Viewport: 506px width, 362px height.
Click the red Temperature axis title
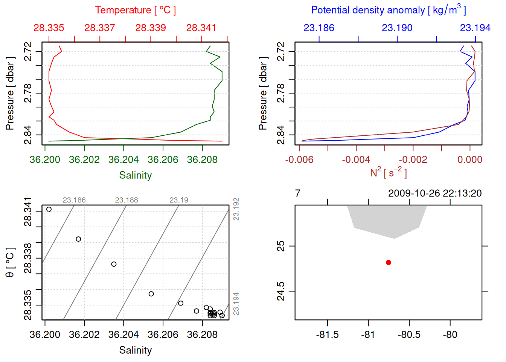[135, 10]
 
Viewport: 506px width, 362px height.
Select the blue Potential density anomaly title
[388, 10]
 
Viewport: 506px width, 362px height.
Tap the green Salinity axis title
[136, 175]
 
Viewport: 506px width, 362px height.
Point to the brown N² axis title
[388, 172]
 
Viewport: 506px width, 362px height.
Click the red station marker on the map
[389, 262]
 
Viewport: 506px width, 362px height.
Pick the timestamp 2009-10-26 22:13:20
[435, 193]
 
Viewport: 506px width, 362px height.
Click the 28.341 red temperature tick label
[201, 28]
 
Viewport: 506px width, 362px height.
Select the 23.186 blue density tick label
[319, 28]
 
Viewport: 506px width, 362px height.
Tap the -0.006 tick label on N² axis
[299, 160]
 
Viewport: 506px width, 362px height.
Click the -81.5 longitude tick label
[327, 335]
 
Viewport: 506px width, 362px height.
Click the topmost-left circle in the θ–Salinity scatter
[49, 209]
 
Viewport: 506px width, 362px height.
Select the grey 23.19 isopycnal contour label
[179, 200]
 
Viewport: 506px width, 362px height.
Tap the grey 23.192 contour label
[236, 209]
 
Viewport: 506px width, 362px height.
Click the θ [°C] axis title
[10, 262]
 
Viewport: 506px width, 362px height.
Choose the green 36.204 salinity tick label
[123, 160]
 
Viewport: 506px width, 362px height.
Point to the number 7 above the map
[298, 193]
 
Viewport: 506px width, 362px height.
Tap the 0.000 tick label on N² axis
[470, 160]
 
